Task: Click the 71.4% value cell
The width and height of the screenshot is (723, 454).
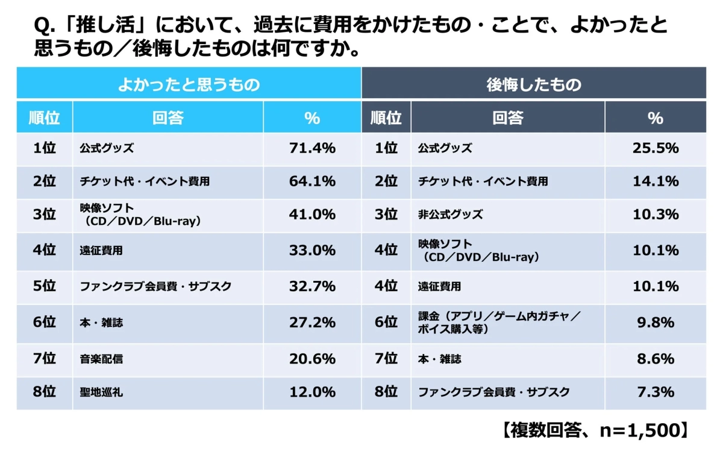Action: tap(312, 148)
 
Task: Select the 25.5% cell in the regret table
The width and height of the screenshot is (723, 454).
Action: tap(655, 148)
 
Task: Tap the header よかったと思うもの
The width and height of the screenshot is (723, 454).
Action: tap(189, 84)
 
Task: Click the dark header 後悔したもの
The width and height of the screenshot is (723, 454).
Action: tap(534, 84)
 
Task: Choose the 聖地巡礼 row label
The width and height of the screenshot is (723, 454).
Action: tap(102, 393)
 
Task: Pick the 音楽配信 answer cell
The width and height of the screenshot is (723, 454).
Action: tap(102, 359)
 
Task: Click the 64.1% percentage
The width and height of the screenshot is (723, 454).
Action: tap(312, 181)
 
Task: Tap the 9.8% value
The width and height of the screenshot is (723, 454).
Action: tap(655, 323)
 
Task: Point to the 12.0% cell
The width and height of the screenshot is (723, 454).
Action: tap(312, 393)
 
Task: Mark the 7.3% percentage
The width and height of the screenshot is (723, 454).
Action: tap(655, 393)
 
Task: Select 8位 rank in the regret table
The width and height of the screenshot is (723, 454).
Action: tap(386, 393)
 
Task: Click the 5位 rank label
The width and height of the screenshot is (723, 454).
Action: tap(45, 286)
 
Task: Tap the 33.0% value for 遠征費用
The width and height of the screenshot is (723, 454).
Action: tap(312, 250)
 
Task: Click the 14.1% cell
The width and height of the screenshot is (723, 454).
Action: tap(655, 181)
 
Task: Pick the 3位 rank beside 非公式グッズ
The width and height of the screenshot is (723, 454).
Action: tap(386, 215)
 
